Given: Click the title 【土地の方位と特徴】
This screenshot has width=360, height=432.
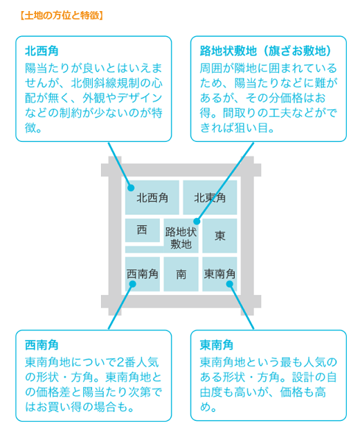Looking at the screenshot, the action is [x=62, y=15].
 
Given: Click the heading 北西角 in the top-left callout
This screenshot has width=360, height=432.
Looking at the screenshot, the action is [x=42, y=51].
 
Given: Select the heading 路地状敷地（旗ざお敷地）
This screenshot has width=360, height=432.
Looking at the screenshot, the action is [x=266, y=51].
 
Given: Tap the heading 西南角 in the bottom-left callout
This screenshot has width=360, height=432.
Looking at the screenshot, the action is [x=42, y=345].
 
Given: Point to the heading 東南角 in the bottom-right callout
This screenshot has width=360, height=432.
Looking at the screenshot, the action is [x=217, y=345].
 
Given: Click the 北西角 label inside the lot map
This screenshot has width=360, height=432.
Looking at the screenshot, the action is [x=152, y=198].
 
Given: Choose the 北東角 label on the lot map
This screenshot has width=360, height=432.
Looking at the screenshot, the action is [x=210, y=198].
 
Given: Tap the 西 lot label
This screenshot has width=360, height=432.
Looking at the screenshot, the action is [x=142, y=230].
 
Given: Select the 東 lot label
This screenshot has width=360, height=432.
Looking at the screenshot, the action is [x=219, y=236].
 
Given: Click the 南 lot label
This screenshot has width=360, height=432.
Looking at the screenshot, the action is [x=181, y=274].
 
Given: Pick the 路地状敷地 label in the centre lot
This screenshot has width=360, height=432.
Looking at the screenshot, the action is [x=181, y=238].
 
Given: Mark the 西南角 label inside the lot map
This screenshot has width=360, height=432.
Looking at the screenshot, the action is [x=143, y=274].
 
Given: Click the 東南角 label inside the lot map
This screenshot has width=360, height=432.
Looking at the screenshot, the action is [x=219, y=274].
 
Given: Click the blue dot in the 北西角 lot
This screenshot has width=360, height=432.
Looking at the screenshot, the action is [x=131, y=188].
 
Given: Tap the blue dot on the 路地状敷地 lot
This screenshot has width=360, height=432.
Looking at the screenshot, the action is [x=197, y=222].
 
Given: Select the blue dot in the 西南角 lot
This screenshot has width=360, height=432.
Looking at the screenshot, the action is [x=132, y=284].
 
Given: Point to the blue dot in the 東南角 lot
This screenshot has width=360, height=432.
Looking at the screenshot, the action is [x=230, y=284].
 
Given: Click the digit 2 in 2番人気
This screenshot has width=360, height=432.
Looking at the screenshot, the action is [x=120, y=362].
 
